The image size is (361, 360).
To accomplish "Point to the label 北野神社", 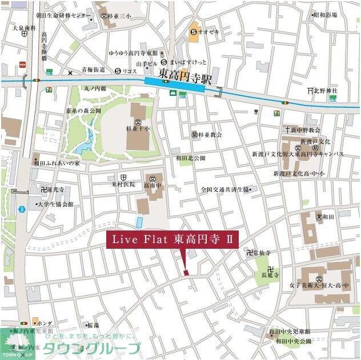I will pos(327,91).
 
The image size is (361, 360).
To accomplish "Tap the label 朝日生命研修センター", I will pos(63,15).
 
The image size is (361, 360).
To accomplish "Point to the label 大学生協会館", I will pos(55,204).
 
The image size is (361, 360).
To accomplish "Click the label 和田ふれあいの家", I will pos(59,163).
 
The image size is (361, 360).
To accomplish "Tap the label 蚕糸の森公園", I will pos(83,111).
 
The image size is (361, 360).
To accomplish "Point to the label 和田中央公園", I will pos(294,341).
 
